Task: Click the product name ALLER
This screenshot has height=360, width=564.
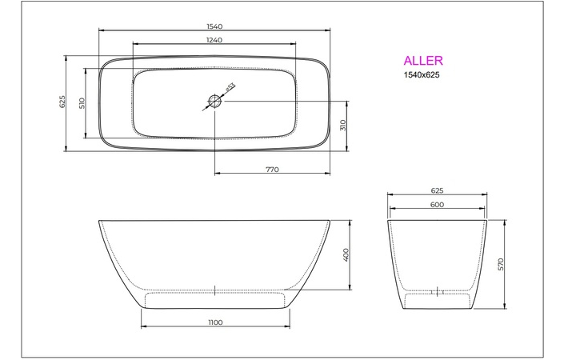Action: click(x=422, y=60)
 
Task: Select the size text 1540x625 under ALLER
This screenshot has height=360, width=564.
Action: click(x=421, y=74)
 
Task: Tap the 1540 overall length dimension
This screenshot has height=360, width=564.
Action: click(x=214, y=26)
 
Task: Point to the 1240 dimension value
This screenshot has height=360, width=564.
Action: click(x=214, y=39)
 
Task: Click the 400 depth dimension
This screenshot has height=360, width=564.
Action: click(x=346, y=254)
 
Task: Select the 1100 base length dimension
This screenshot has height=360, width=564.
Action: click(x=214, y=322)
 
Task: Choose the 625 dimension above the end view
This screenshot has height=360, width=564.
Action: click(x=437, y=191)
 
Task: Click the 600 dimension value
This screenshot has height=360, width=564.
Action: click(x=437, y=204)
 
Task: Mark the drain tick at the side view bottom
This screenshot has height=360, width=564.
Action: click(x=215, y=290)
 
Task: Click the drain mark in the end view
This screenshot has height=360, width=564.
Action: click(x=438, y=292)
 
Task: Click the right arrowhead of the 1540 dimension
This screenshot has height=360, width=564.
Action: click(x=328, y=32)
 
